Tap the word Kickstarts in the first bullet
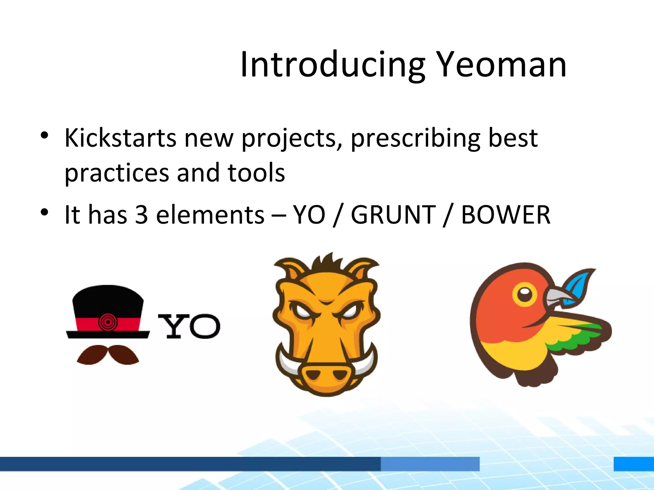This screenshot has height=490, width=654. pos(120,138)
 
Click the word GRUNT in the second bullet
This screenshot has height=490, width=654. pos(393,215)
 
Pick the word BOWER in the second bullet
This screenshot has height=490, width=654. pos(506,215)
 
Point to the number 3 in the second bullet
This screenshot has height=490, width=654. pos(141,215)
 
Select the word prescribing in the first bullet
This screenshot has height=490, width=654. pos(415,138)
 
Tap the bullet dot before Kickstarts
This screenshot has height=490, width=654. pos(44,135)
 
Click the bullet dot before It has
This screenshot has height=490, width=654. pos(44,212)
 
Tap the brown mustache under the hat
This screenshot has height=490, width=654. pos(108,354)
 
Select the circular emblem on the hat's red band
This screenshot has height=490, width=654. pos(108,322)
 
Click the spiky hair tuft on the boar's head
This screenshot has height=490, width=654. pos(326,263)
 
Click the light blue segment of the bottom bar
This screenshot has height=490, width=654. pos(430,464)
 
